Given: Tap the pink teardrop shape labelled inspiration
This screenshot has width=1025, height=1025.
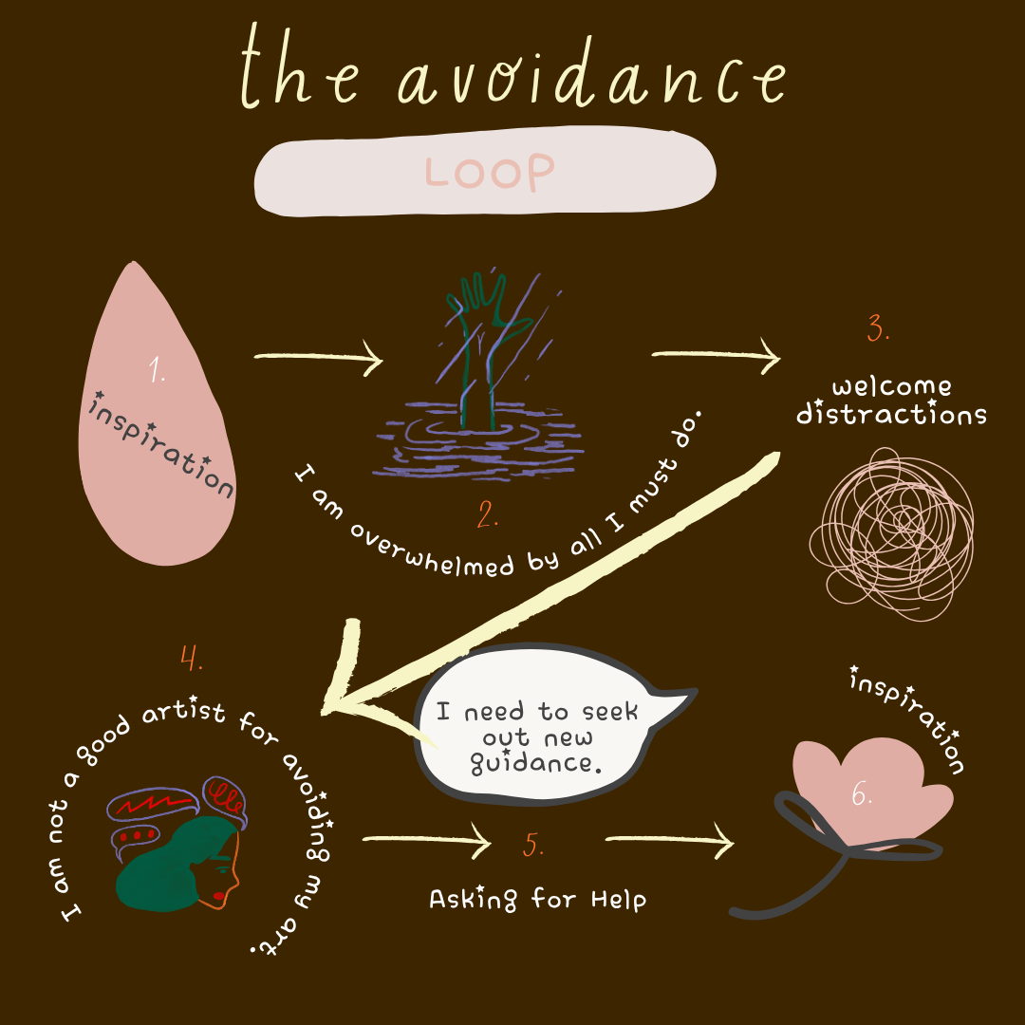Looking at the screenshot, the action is click(x=157, y=418).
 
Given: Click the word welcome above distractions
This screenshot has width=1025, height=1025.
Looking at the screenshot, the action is click(x=890, y=387).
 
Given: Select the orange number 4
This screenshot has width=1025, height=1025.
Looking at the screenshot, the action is click(x=191, y=657).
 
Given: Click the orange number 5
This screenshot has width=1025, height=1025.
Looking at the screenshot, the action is click(x=533, y=845).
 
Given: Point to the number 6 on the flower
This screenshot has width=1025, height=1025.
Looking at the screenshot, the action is click(x=862, y=795).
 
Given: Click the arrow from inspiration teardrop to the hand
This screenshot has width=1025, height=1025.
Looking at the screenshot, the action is click(x=318, y=359).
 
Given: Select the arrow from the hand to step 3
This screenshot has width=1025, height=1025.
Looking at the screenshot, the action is click(x=717, y=356).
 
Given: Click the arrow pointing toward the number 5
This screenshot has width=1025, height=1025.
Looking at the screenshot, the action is click(x=427, y=840).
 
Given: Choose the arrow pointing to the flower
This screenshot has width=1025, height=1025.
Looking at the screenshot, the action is click(x=669, y=840).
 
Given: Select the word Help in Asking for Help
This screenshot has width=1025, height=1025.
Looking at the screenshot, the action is click(x=618, y=898).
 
